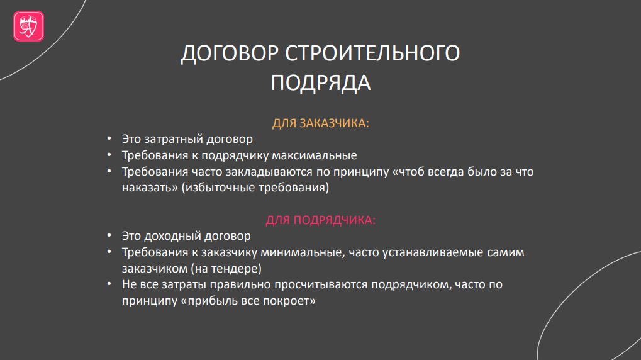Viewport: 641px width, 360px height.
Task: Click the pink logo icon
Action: [x=28, y=26]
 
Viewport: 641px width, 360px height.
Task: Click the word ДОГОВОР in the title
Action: [x=230, y=53]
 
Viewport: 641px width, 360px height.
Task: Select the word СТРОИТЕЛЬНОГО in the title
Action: [x=372, y=53]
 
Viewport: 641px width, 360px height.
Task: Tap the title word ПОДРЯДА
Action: [x=321, y=83]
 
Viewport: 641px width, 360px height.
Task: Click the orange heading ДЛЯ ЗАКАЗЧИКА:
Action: [x=321, y=123]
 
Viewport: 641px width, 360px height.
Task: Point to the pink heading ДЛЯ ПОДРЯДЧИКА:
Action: [x=321, y=220]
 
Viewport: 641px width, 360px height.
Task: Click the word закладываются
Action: [x=269, y=172]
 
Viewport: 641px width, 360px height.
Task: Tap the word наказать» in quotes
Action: [x=150, y=188]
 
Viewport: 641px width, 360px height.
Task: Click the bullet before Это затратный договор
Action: [x=109, y=139]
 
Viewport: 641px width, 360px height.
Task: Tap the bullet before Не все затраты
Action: [x=109, y=284]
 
